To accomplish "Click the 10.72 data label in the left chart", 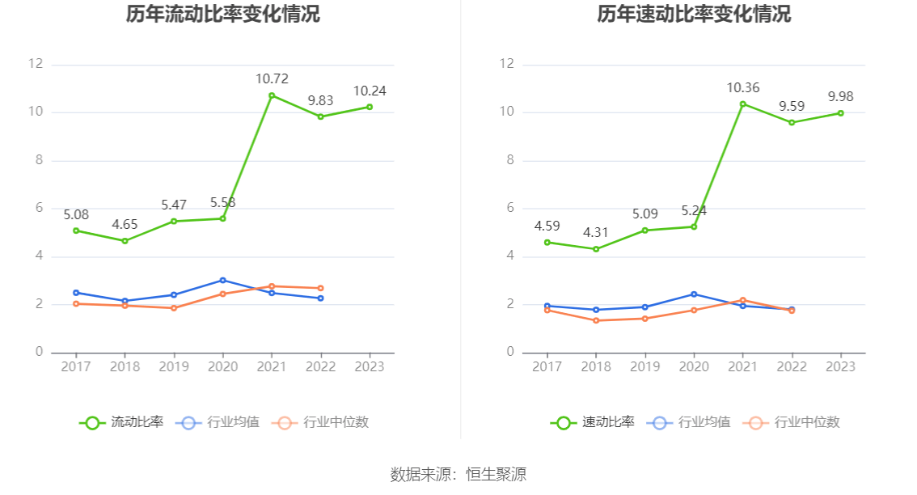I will tap(272, 78).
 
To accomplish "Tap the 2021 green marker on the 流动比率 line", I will tap(272, 95).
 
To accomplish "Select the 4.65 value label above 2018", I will tap(125, 224).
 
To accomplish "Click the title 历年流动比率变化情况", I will tap(222, 14).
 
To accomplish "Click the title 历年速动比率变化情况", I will tap(694, 14).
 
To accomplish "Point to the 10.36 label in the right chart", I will tap(743, 87).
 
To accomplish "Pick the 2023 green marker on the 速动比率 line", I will tap(841, 113).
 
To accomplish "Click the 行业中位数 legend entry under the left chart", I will tap(321, 422).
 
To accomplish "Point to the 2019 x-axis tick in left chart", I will tap(174, 366).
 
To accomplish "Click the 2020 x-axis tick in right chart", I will tap(694, 366).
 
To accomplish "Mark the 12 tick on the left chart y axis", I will tap(35, 64).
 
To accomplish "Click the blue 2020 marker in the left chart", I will tap(223, 281).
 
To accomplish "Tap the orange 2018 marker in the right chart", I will tap(596, 320).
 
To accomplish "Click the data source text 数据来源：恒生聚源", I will tap(458, 474).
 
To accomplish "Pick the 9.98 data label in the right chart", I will tap(841, 96).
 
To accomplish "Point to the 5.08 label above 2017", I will tap(76, 214).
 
